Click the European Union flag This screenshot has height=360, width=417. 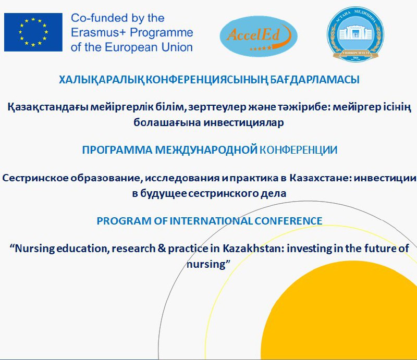tap(33, 32)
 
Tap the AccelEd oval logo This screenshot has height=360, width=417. tap(259, 36)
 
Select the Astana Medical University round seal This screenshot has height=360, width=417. tap(355, 34)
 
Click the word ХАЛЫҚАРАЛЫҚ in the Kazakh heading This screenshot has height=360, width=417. tap(102, 80)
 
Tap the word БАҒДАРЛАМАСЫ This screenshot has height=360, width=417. tap(315, 80)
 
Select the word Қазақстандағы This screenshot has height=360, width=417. tap(47, 107)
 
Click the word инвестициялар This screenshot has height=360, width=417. tap(244, 122)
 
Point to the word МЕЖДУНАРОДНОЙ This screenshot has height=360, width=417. tap(206, 150)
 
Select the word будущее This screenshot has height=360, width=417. tap(163, 193)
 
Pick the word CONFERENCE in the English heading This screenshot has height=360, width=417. tap(289, 221)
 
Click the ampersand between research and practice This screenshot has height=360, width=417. tap(162, 249)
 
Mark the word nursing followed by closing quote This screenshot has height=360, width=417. tap(206, 264)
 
